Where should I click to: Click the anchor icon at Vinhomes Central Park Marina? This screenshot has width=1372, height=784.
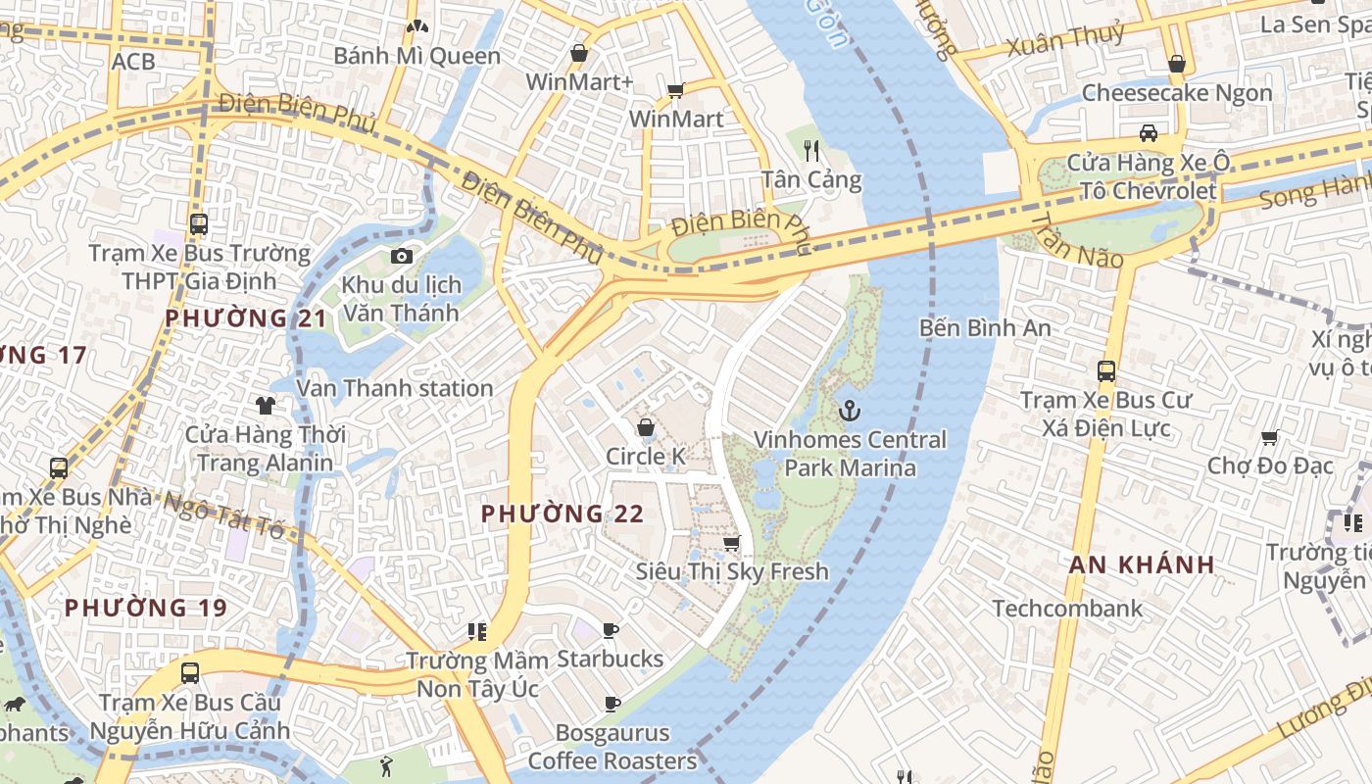pos(850,411)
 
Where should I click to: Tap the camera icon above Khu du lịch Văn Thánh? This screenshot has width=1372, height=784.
pos(401,256)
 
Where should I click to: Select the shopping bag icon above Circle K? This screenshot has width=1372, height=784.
pos(646,427)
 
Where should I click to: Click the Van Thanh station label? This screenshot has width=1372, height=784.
pos(394,388)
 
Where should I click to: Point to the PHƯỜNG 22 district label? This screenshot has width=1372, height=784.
pos(563,514)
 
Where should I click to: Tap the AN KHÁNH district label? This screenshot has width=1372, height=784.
pos(1142,564)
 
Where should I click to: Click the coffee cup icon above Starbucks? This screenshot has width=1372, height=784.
pos(611,630)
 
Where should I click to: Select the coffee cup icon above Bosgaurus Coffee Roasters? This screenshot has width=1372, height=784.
pos(612,704)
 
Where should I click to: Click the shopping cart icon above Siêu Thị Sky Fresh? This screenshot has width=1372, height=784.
pos(731,543)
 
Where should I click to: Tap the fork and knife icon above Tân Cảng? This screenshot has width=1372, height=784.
pos(811,150)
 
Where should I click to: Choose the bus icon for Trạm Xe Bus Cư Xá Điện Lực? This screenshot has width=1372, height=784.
pos(1106,371)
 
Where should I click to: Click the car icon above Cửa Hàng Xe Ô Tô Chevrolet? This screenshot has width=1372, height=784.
pos(1148,132)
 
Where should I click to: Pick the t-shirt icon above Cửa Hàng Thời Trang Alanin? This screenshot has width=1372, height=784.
pos(265,405)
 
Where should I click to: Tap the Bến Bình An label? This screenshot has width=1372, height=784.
pos(985,328)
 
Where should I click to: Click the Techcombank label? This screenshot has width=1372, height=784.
pos(1067,609)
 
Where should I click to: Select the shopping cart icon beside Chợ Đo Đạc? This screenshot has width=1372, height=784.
pos(1269,437)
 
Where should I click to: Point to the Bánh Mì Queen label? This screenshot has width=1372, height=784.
pos(416,56)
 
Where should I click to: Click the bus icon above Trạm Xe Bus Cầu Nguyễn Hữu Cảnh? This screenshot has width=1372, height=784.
pos(190,673)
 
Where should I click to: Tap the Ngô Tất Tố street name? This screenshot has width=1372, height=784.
pos(223,515)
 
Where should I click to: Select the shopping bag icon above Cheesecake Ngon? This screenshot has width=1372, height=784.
pos(1177,64)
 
